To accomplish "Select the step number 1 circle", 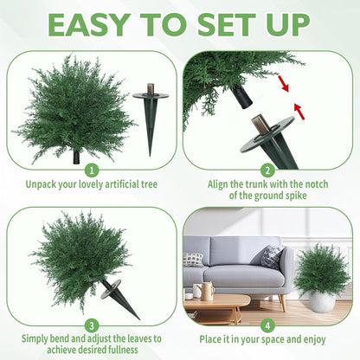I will point(92,170).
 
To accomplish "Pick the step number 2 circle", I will point(268,170).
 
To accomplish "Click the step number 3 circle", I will point(92,325).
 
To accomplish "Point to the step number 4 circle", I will point(268,325).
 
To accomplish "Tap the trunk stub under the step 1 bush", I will point(77,157).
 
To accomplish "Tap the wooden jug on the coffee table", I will point(208,290).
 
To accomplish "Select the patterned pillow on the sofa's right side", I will point(272,256).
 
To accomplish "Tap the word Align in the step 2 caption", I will point(222,183).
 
